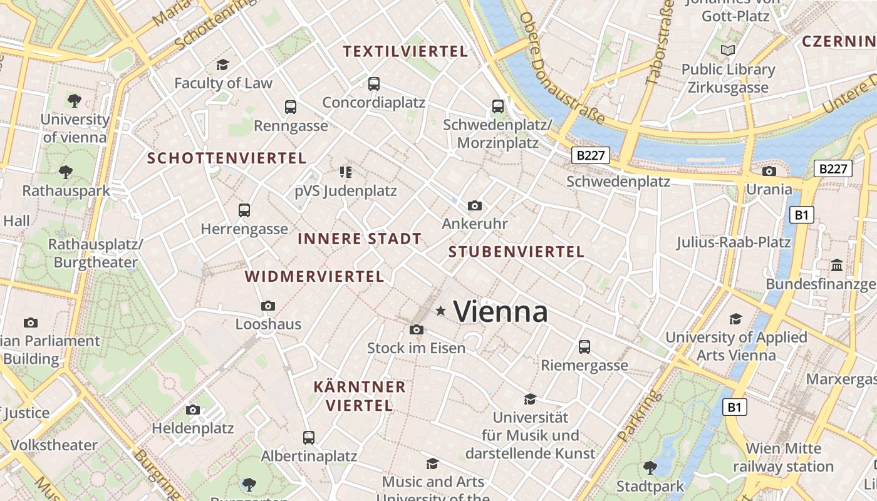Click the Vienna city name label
[x=500, y=312]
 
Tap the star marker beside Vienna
[x=441, y=311]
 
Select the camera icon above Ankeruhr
[x=475, y=205]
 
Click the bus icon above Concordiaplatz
[x=374, y=83]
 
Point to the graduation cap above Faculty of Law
[x=222, y=65]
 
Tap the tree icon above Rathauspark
[x=66, y=172]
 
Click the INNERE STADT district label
[x=359, y=239]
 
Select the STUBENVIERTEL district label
[x=516, y=252]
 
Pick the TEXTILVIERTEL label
[x=405, y=52]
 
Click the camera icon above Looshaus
[x=268, y=306]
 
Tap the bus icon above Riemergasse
[x=584, y=346]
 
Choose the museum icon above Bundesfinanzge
[x=837, y=266]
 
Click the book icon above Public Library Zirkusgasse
[x=728, y=51]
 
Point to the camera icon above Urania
[x=769, y=171]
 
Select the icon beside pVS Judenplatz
[x=345, y=172]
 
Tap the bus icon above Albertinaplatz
[x=308, y=437]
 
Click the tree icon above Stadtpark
[x=650, y=467]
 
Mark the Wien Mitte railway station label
[x=783, y=458]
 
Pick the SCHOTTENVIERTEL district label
[x=227, y=158]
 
